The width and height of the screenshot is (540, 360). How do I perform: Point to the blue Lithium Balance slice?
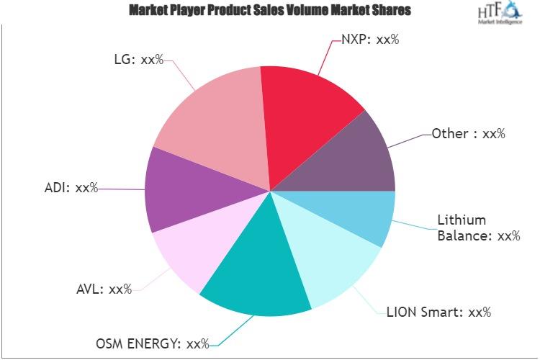(x=367, y=212)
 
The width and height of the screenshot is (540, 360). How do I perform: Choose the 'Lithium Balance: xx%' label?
(x=479, y=227)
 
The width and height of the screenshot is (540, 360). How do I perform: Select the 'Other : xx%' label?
(x=468, y=133)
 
